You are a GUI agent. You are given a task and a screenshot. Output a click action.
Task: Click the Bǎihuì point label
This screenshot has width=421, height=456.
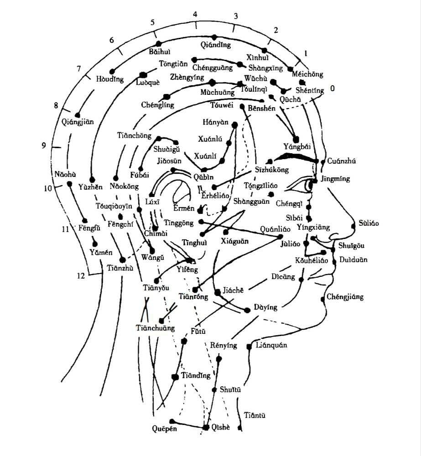(159, 52)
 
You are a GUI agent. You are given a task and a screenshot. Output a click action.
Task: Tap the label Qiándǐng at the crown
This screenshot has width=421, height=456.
(216, 45)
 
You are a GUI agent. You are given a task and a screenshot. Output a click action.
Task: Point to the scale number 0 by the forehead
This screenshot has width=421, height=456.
(333, 88)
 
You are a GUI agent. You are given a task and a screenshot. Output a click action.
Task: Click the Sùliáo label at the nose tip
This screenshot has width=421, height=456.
(369, 223)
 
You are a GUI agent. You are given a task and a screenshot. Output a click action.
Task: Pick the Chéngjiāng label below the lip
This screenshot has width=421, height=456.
(345, 297)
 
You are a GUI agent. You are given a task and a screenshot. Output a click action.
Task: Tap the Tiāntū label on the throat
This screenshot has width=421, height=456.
(255, 415)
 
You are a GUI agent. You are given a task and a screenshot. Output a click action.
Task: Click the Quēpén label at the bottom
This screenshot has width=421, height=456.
(164, 429)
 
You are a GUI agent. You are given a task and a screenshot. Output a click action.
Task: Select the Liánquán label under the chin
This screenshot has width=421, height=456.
(271, 345)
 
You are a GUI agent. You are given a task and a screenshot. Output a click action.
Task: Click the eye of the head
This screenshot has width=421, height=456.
(305, 185)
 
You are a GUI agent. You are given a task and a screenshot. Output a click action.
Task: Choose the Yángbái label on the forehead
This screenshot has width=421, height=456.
(296, 147)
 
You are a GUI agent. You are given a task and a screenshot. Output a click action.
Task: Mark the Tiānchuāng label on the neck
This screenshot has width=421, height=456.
(155, 328)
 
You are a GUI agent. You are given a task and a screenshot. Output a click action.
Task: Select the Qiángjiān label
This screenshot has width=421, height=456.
(78, 122)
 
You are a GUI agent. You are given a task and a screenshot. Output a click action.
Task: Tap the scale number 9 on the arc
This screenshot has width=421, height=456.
(44, 145)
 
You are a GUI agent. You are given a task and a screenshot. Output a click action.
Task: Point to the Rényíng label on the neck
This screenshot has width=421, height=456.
(223, 345)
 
